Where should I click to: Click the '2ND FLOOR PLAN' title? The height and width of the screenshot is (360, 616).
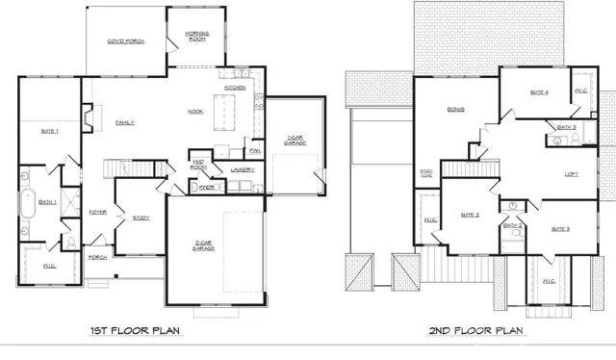(475, 330)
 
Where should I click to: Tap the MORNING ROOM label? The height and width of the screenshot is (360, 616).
(196, 38)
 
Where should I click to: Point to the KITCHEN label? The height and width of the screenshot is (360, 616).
(236, 88)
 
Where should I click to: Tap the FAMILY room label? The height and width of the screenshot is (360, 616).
(125, 123)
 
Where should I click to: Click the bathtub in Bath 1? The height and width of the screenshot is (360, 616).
(27, 206)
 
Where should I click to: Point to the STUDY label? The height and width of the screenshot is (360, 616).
(141, 218)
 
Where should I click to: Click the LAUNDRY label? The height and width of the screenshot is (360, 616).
(244, 169)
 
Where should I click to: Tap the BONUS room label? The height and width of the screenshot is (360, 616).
(455, 110)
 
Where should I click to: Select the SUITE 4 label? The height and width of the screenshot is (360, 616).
(539, 92)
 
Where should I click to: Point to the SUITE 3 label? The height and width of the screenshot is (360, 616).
(561, 229)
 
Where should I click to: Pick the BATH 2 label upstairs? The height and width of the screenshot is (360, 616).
(513, 225)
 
